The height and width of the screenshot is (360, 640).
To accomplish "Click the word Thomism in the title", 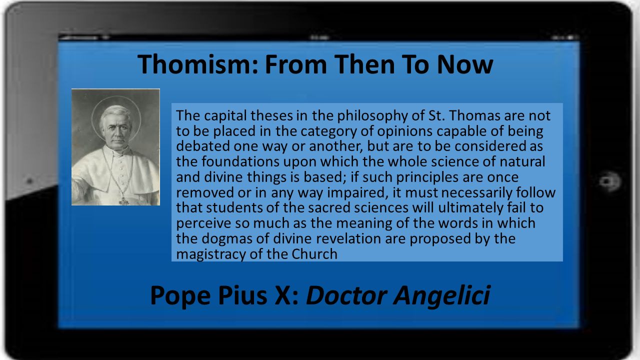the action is tap(197, 64).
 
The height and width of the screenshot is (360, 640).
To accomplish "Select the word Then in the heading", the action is tap(364, 64).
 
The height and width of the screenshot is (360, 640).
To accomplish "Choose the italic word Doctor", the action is tap(346, 295).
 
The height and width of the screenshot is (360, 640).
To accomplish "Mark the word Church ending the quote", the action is tap(314, 253).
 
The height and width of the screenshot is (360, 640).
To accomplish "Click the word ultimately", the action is tap(470, 208).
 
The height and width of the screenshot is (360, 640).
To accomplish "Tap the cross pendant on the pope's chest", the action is tap(124, 200).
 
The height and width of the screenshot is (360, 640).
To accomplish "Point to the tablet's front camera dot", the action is tap(29, 181).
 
